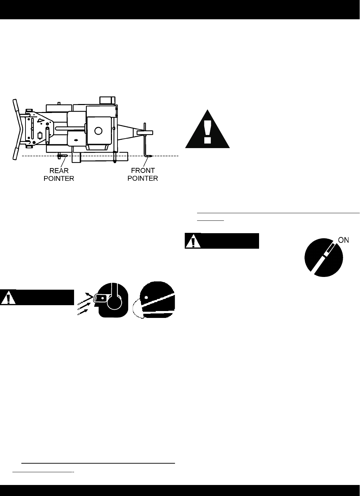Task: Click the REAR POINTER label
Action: (x=59, y=175)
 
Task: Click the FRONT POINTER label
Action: (x=143, y=175)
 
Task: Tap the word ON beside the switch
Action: (x=343, y=240)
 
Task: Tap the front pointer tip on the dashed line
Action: (x=150, y=156)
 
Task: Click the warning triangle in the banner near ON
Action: (x=193, y=242)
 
